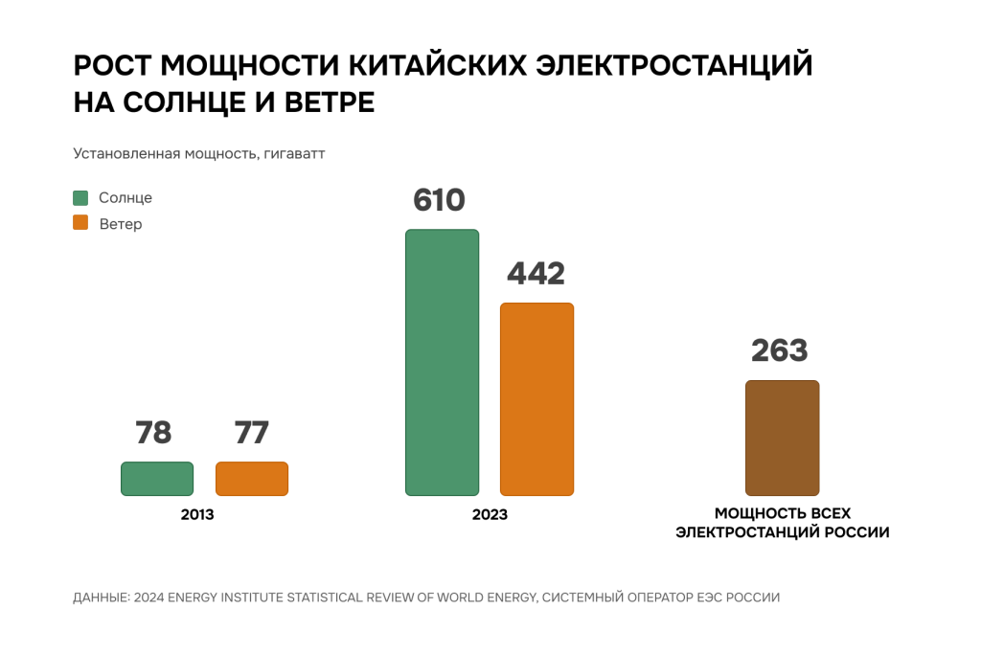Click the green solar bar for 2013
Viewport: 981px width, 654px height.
pos(157,479)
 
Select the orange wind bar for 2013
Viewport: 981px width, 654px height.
pos(252,479)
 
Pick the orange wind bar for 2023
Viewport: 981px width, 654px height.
pos(536,399)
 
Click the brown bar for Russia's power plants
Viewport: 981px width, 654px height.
pos(782,438)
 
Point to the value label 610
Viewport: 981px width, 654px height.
pos(439,201)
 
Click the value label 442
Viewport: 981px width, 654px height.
pos(536,274)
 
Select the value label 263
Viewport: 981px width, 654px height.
pos(780,350)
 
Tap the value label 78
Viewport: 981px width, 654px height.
pos(153,433)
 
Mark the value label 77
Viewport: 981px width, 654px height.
pos(251,433)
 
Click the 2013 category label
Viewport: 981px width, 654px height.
pos(197,515)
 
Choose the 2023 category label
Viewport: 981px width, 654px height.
pos(490,515)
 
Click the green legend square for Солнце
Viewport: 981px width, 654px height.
pos(80,198)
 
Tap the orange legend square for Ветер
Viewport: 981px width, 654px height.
pos(80,223)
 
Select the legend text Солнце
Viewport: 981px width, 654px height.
pos(125,198)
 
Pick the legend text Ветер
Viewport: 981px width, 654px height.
pos(121,224)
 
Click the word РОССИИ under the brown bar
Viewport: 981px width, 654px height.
pos(855,532)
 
